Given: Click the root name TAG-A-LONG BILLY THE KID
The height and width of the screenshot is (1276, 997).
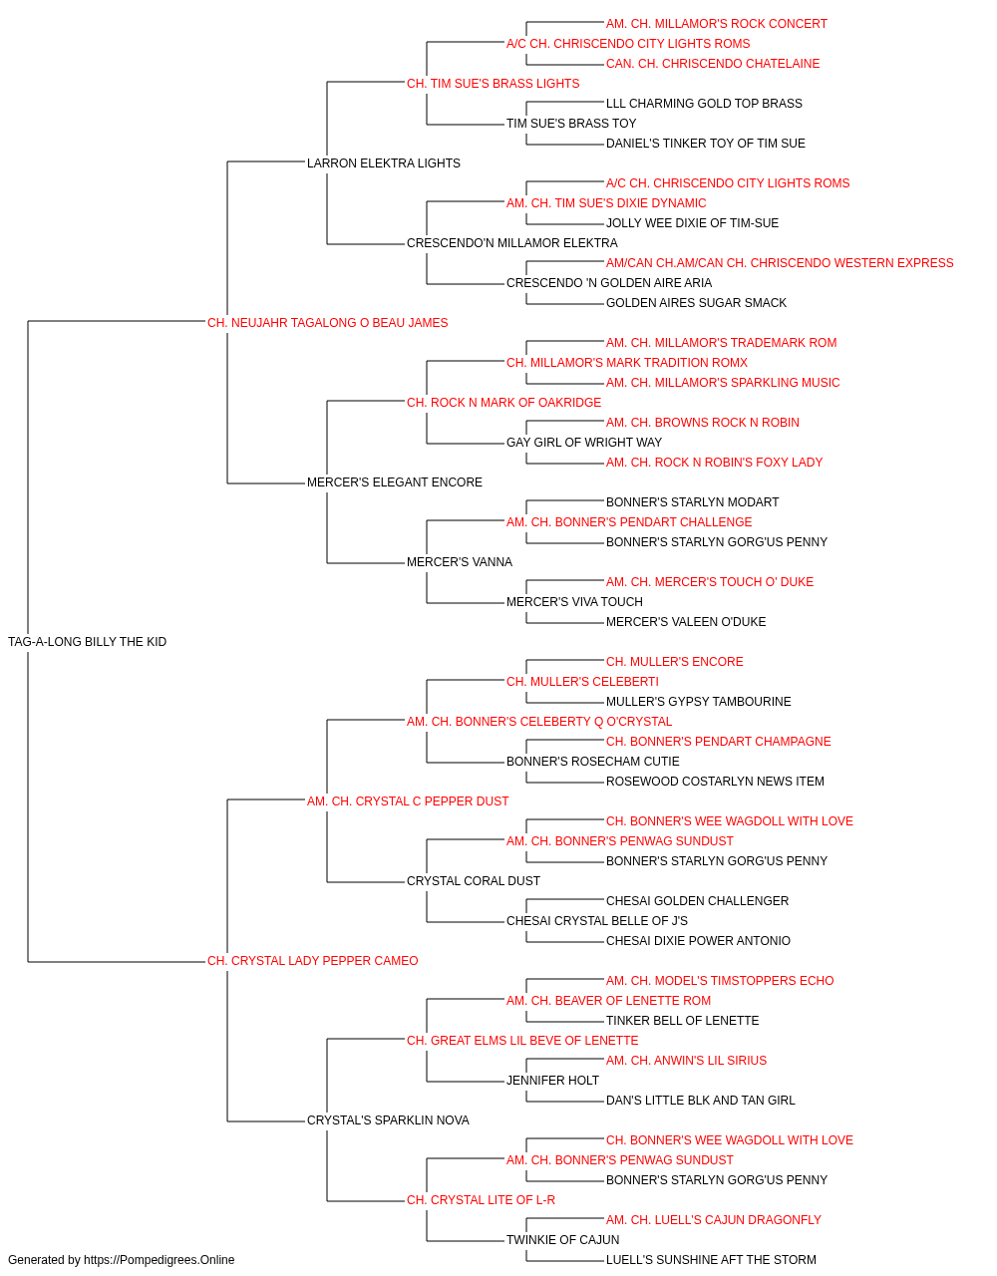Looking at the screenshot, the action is [87, 641].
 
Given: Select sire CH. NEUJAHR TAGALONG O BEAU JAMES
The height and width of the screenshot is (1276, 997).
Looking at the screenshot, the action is [327, 322].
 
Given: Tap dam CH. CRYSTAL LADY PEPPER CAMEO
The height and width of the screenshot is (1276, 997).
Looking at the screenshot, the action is [312, 961].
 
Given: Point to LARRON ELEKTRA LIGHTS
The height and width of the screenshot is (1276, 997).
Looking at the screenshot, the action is [384, 163].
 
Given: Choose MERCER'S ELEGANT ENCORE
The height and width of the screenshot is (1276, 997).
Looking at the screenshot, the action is [395, 482].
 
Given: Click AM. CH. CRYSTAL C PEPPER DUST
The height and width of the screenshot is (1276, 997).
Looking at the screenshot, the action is [408, 800].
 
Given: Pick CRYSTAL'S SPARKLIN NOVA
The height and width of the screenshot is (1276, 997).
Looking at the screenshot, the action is [388, 1119].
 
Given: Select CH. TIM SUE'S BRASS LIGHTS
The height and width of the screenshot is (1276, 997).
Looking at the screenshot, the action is [494, 84].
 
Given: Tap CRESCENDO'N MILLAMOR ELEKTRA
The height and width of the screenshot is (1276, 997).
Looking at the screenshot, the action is [512, 243].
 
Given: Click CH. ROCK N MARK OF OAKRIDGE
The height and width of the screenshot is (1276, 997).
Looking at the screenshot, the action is [503, 402].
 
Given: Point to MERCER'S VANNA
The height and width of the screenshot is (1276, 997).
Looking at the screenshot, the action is [460, 562].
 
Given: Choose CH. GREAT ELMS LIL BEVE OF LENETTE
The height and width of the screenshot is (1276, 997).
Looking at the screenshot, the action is [522, 1041].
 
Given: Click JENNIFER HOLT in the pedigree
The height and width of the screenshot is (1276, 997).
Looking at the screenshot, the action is [552, 1081].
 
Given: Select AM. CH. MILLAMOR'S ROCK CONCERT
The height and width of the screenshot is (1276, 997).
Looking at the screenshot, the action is [716, 24].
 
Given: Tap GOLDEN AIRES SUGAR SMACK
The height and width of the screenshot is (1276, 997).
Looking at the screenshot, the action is [696, 302].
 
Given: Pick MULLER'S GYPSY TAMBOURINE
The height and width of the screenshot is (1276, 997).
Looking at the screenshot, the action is [699, 701].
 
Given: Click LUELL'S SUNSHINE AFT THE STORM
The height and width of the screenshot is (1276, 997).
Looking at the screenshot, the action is [711, 1260].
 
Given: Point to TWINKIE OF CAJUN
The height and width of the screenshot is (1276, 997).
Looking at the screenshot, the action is [563, 1239].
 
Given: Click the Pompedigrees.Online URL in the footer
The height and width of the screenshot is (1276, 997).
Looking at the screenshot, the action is [160, 1260].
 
